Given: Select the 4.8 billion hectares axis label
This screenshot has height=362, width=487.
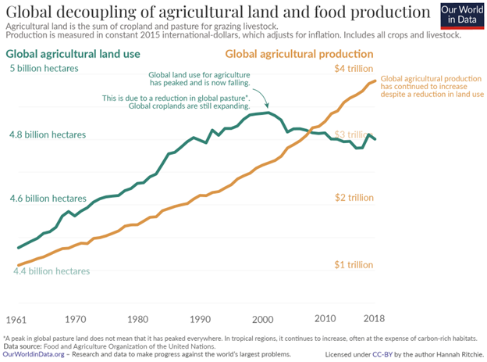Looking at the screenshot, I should [x=48, y=134].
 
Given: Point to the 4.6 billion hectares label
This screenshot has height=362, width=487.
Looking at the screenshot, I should [x=48, y=199].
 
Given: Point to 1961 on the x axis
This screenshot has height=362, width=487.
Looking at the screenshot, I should [x=18, y=320].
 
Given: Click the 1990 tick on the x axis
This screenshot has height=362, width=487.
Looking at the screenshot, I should [x=201, y=320].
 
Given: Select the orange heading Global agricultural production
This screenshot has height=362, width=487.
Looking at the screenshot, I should [x=300, y=54].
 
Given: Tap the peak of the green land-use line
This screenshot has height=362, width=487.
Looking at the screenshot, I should [x=268, y=113].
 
